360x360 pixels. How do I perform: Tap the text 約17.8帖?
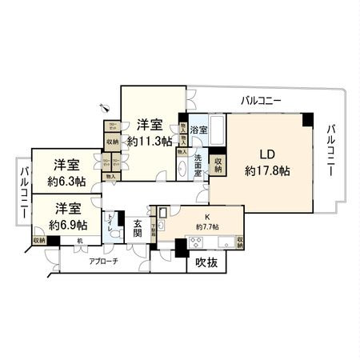pos(267,170)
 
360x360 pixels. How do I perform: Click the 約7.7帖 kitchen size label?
pos(208,226)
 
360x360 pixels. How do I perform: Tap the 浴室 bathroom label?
pos(199,130)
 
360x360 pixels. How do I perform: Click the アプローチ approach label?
pos(103,262)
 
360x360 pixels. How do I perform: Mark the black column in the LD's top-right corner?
pos(308,120)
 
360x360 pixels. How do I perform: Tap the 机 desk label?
pos(80,241)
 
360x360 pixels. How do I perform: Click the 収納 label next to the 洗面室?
pos(218,163)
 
